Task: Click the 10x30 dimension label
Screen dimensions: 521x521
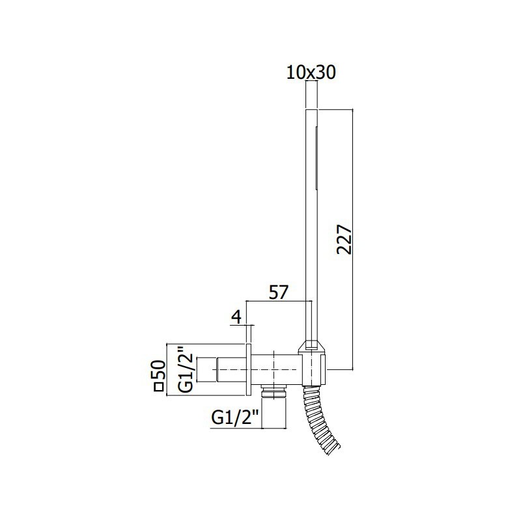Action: [x=311, y=73]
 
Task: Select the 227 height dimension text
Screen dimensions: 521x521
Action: [x=345, y=240]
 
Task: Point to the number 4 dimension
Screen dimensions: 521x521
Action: [x=236, y=317]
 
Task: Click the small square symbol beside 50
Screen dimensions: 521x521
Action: [x=157, y=388]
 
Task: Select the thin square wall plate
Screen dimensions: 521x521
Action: [x=247, y=369]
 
